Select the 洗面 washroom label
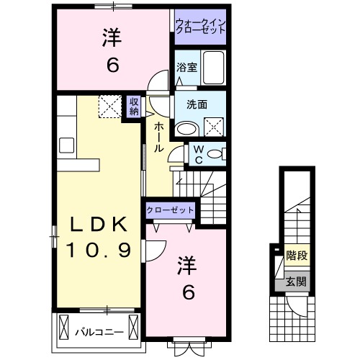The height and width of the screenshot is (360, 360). pyautogui.click(x=197, y=104)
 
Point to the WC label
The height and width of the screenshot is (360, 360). pyautogui.click(x=198, y=153)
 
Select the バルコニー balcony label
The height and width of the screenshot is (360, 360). pyautogui.click(x=99, y=332)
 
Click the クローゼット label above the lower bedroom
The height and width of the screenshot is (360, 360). pyautogui.click(x=171, y=210)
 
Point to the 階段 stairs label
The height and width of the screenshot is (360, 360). pyautogui.click(x=294, y=254)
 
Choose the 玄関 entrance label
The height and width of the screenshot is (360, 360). pyautogui.click(x=294, y=281)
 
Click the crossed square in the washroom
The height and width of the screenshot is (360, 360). pyautogui.click(x=214, y=127)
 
